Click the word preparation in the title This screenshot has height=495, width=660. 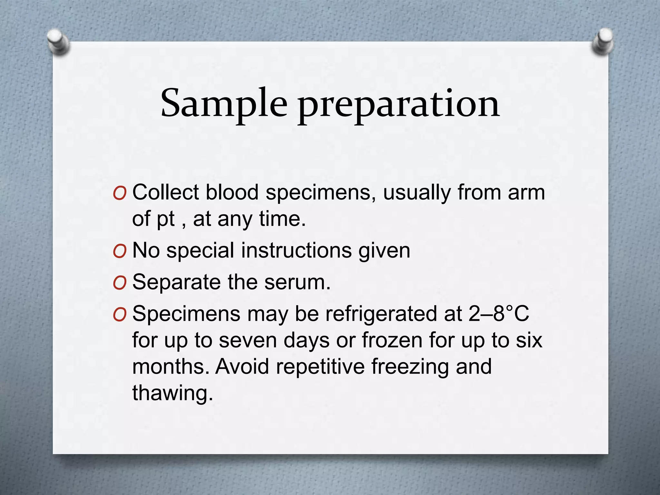point(399,105)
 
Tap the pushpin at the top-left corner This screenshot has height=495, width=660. point(58,42)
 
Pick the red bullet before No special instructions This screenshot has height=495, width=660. point(120,251)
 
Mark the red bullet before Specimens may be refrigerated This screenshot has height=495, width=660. point(120,315)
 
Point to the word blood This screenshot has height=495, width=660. point(232,192)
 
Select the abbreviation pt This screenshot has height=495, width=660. point(166,220)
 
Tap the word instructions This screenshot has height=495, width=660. point(296,250)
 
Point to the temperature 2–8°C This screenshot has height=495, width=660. point(499,314)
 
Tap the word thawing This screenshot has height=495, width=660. point(173,393)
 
